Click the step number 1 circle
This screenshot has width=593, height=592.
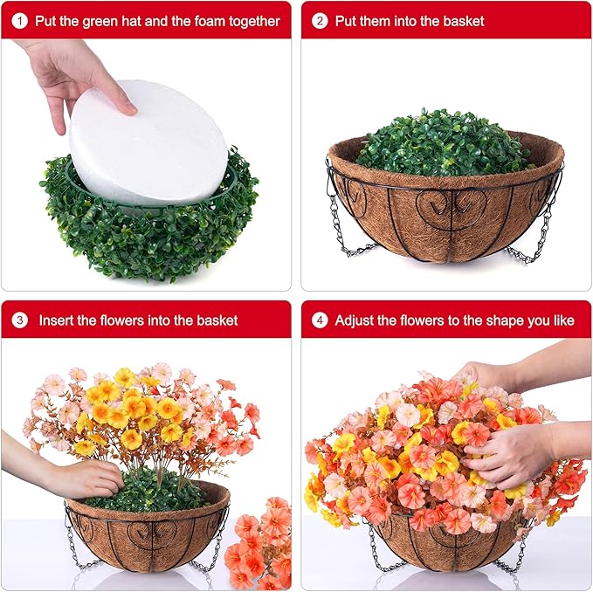point(20,21)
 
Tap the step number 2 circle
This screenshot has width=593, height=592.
point(321,21)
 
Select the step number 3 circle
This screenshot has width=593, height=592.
point(20,320)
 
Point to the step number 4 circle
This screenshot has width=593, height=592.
point(321,320)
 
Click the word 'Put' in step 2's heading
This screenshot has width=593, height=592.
point(347,21)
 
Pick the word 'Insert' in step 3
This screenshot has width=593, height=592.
point(56,320)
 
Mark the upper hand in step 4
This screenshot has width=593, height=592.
point(498,375)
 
